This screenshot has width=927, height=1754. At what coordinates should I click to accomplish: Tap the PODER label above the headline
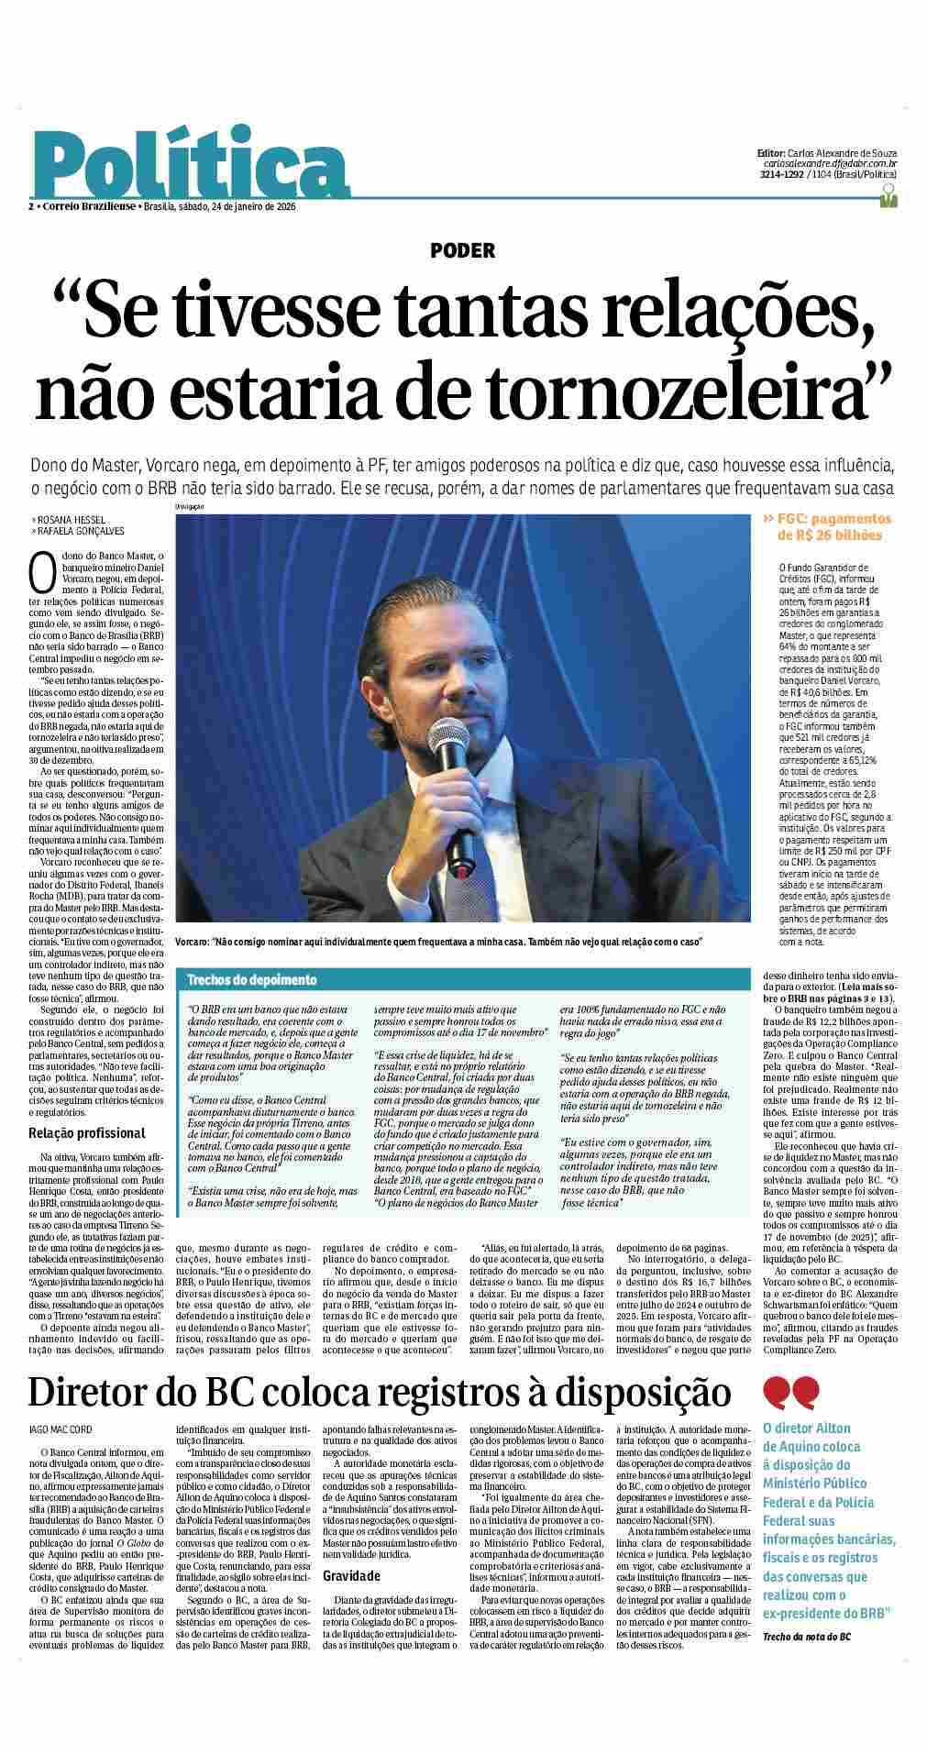(x=463, y=250)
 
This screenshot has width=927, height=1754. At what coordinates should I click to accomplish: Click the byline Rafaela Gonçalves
(x=80, y=531)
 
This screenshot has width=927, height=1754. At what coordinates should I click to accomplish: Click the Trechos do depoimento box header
(x=252, y=979)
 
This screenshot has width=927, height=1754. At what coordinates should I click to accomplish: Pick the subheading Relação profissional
(x=86, y=1133)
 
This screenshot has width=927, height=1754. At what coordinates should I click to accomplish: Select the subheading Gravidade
(x=351, y=1575)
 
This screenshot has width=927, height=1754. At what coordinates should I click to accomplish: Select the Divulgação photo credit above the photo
(x=190, y=507)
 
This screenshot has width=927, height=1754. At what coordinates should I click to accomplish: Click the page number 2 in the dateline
(x=31, y=206)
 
